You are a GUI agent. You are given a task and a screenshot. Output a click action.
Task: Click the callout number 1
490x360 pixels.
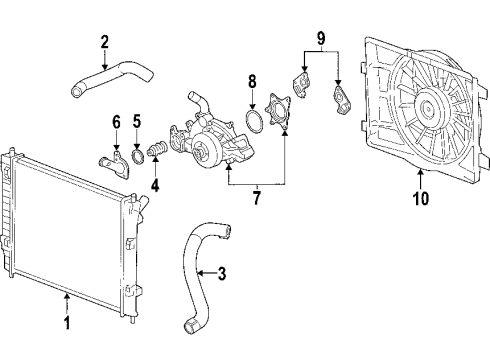(68, 323)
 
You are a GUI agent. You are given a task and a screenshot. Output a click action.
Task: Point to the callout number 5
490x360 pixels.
(137, 122)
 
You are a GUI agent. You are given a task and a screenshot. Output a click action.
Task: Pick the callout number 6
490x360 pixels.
(116, 122)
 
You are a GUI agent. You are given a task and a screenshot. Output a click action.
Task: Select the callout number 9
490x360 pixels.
(320, 40)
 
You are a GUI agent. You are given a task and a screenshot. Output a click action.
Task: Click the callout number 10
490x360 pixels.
(421, 198)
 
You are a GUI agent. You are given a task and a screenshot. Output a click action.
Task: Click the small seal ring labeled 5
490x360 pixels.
(137, 153)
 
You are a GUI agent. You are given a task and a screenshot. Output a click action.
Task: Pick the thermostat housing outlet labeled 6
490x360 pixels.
(112, 160)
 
